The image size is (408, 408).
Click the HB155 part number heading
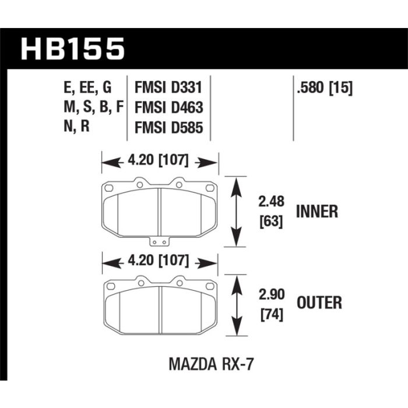tap(73, 48)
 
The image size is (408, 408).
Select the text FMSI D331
tap(168, 87)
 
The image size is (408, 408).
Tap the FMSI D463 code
tap(168, 107)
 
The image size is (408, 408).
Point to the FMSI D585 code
tap(168, 128)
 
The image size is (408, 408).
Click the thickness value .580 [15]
tap(325, 87)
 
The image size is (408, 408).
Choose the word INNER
tap(317, 211)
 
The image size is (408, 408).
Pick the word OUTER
tap(319, 303)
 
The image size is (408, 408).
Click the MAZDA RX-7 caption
tap(211, 364)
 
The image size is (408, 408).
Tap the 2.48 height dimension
tap(271, 202)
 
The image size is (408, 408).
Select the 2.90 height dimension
tap(272, 294)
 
